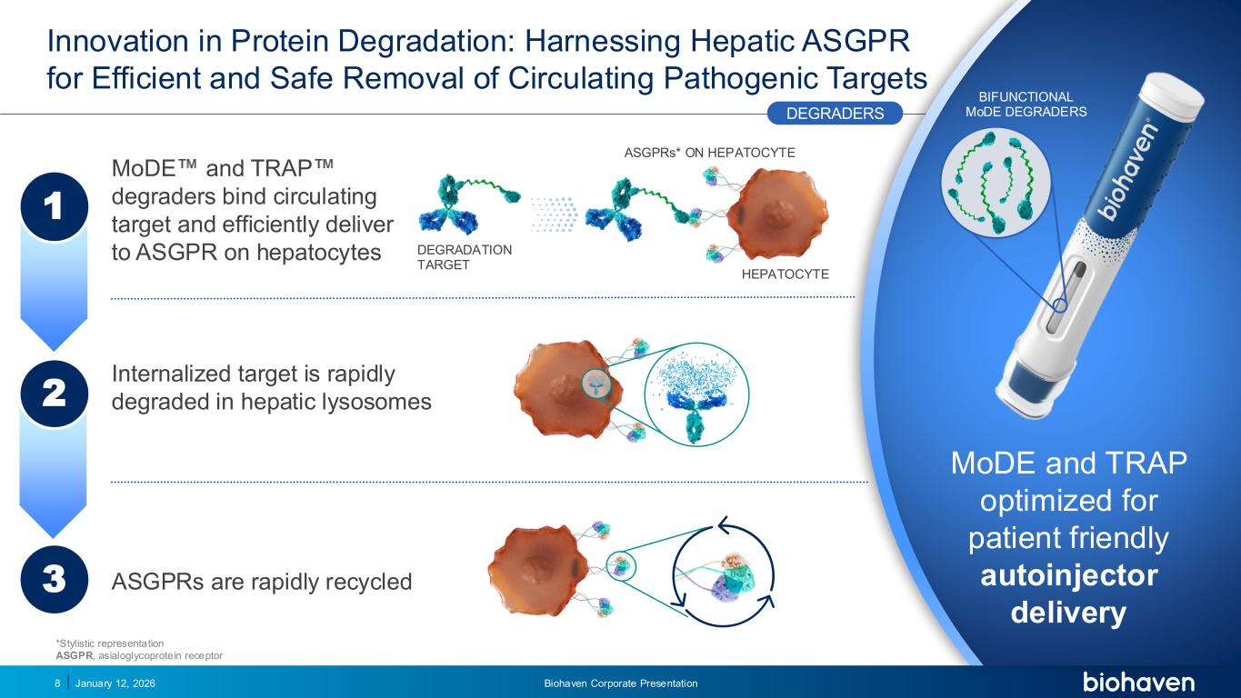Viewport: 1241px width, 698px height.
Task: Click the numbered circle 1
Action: (x=53, y=206)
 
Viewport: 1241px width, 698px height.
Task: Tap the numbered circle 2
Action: (x=53, y=394)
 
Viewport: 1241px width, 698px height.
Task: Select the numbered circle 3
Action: (x=53, y=579)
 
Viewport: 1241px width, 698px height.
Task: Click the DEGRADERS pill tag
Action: (x=835, y=113)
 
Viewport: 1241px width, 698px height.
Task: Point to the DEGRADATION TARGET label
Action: (x=464, y=257)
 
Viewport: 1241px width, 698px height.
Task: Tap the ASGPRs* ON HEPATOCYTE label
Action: (x=709, y=153)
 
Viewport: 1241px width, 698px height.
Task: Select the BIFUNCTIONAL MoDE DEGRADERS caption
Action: (x=1026, y=105)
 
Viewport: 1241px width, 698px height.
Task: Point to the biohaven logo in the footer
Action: (x=1138, y=683)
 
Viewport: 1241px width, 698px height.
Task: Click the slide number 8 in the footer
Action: (x=57, y=683)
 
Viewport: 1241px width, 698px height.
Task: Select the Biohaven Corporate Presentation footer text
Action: (x=620, y=683)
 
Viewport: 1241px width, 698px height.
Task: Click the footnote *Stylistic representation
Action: (x=109, y=643)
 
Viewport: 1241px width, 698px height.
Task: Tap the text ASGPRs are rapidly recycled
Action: (x=261, y=581)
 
